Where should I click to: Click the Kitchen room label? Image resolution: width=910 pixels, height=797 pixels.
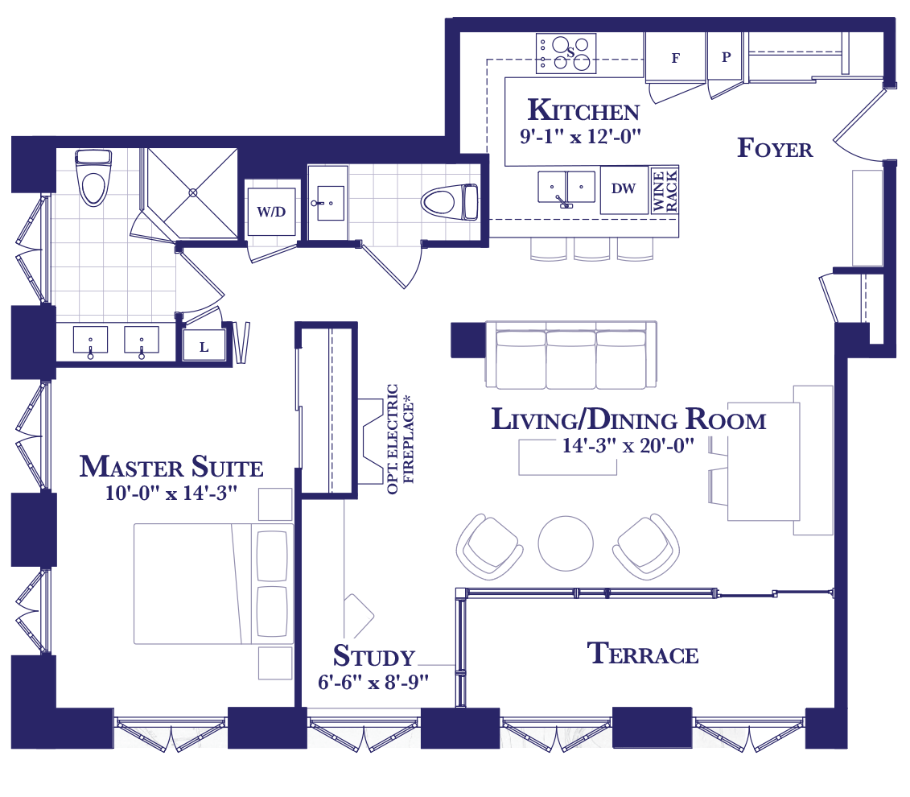pyautogui.click(x=583, y=109)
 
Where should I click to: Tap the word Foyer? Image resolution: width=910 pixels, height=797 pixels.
pyautogui.click(x=775, y=148)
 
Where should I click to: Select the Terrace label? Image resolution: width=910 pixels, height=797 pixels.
pyautogui.click(x=642, y=654)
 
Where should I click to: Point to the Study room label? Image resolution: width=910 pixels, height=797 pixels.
pyautogui.click(x=374, y=656)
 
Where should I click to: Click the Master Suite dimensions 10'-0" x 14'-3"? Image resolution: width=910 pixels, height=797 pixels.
pyautogui.click(x=171, y=493)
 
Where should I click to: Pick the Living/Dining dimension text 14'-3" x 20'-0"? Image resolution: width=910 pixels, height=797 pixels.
pyautogui.click(x=628, y=445)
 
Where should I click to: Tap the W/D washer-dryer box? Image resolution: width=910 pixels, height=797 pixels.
pyautogui.click(x=272, y=212)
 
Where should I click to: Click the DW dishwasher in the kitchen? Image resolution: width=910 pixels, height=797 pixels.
pyautogui.click(x=624, y=190)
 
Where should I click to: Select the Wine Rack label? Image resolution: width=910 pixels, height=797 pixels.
pyautogui.click(x=665, y=191)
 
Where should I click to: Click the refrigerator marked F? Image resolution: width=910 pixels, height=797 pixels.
pyautogui.click(x=675, y=58)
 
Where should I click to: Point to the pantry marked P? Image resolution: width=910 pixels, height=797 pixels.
pyautogui.click(x=726, y=57)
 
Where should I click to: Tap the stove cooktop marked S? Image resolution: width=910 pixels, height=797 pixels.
pyautogui.click(x=566, y=53)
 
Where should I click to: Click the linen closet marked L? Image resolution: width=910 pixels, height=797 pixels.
pyautogui.click(x=204, y=347)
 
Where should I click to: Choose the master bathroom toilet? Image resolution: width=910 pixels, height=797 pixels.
pyautogui.click(x=93, y=178)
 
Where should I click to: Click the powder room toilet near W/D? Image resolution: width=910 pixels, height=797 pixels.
pyautogui.click(x=449, y=202)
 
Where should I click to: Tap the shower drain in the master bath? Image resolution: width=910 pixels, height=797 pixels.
pyautogui.click(x=193, y=192)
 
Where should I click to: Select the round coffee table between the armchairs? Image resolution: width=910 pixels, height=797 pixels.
pyautogui.click(x=566, y=543)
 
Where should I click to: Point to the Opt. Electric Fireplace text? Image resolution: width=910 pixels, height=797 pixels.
pyautogui.click(x=401, y=440)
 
